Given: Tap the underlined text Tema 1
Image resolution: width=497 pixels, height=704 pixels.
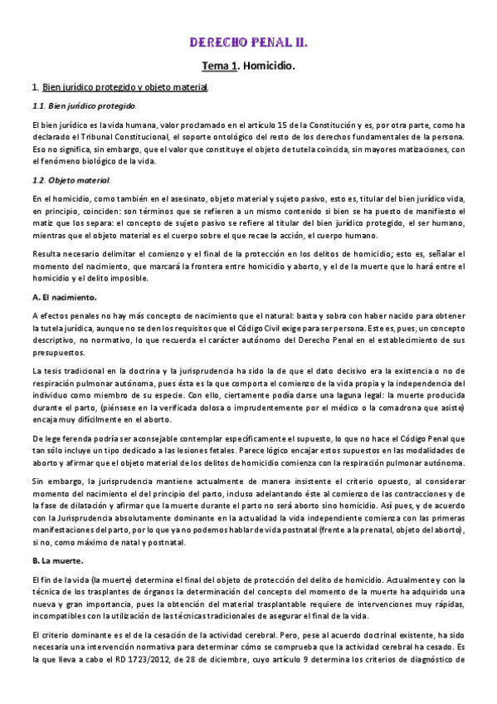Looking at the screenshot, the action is coord(219,63).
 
